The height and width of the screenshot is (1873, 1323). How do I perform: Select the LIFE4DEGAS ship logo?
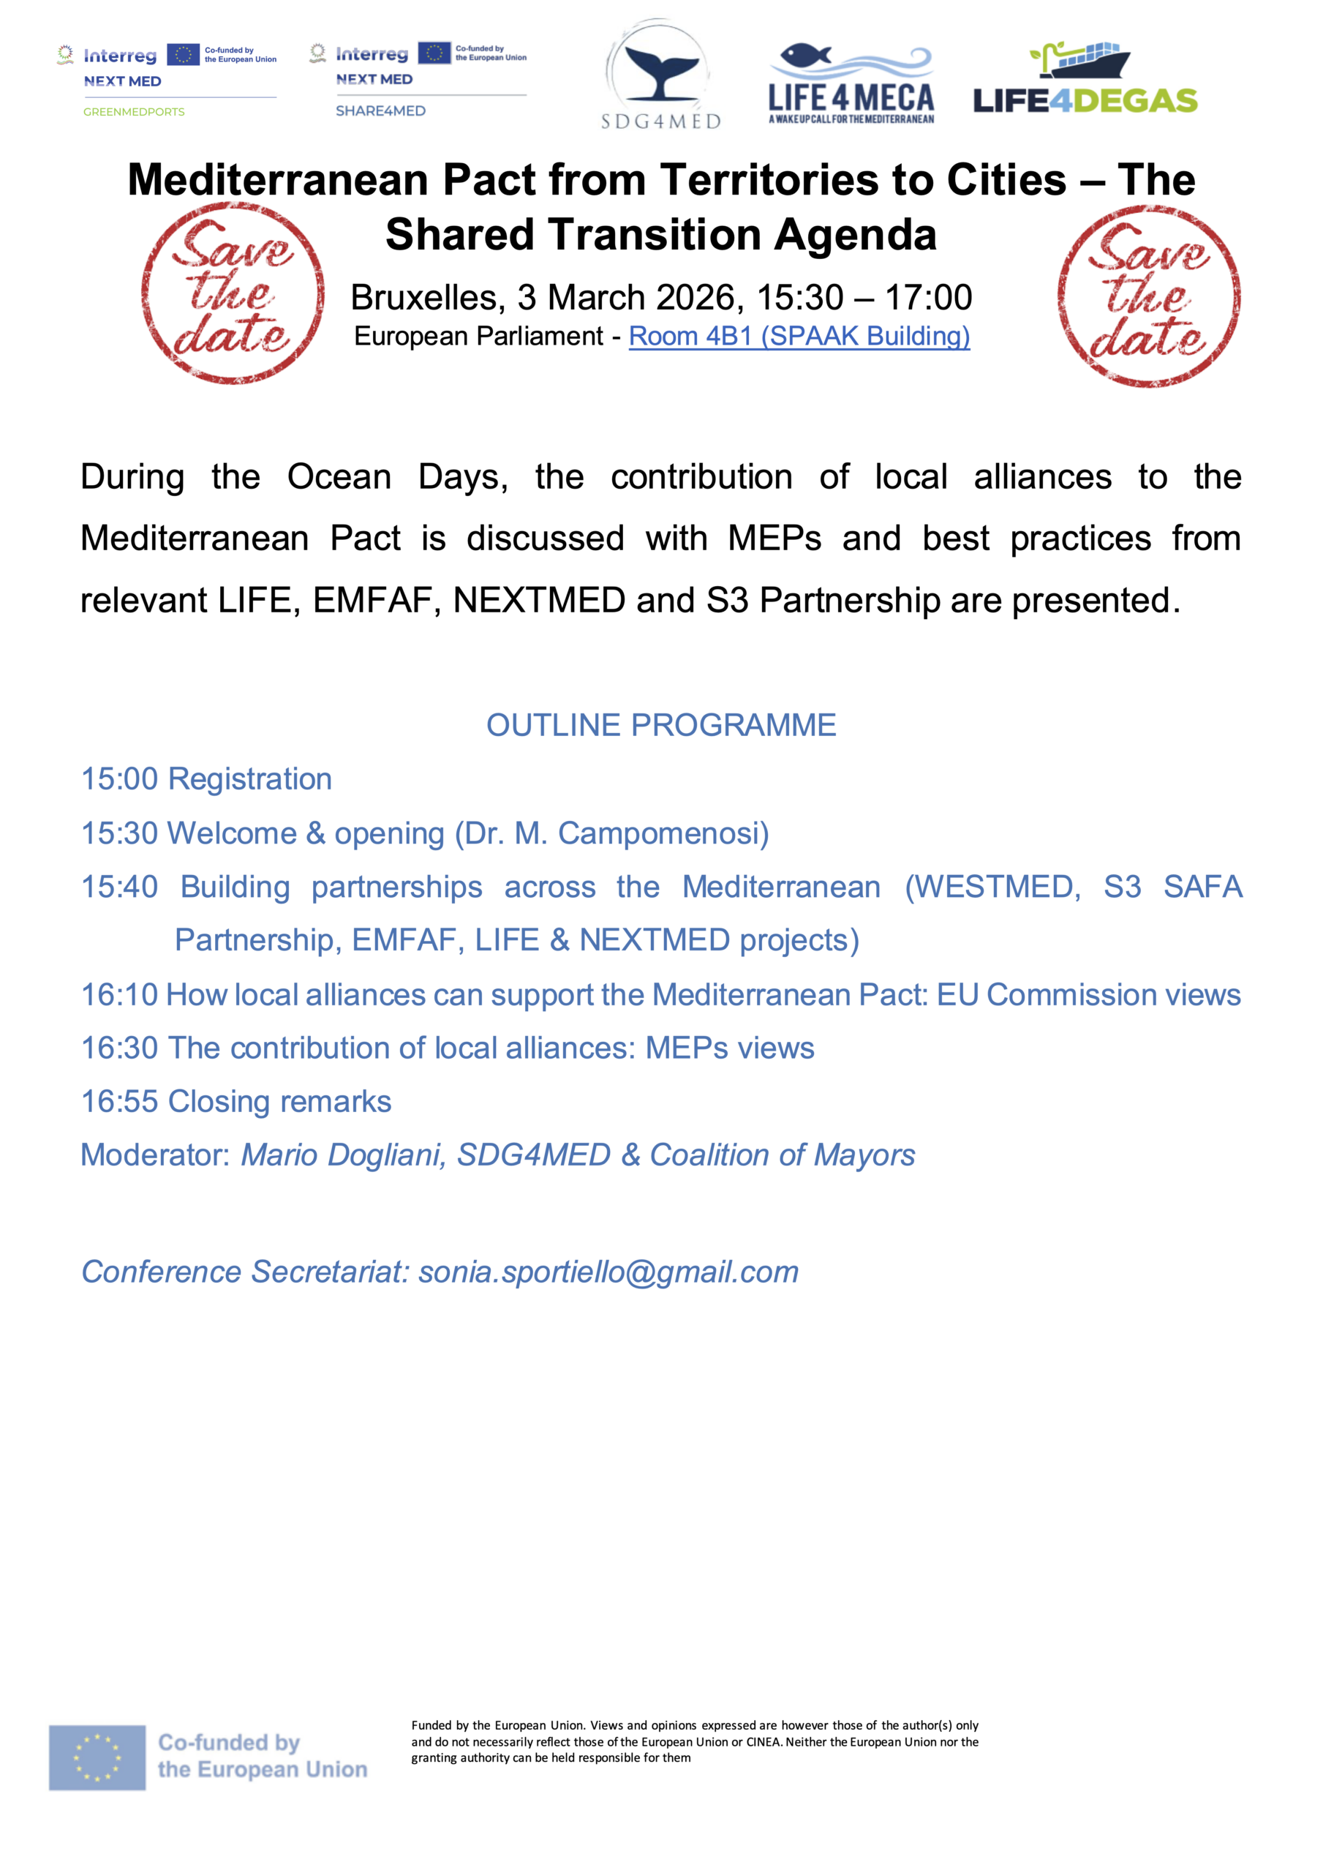pos(1084,78)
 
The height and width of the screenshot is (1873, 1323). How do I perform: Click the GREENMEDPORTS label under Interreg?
pos(134,112)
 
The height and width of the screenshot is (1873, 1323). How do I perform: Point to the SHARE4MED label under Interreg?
pos(380,111)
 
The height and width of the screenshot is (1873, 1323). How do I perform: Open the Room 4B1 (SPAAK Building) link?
pos(799,336)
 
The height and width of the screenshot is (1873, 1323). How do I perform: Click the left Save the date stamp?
pos(233,293)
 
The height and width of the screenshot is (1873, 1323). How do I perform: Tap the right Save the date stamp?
pos(1148,296)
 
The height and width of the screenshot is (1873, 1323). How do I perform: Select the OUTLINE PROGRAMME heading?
pos(660,725)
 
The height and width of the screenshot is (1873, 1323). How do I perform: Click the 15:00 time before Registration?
pos(119,779)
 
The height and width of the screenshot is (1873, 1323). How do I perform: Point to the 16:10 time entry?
pos(119,995)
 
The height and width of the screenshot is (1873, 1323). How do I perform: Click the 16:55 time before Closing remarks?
pos(119,1102)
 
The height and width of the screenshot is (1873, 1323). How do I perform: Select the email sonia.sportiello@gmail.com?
pos(608,1272)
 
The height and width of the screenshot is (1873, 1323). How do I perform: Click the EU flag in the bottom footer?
pos(97,1757)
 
